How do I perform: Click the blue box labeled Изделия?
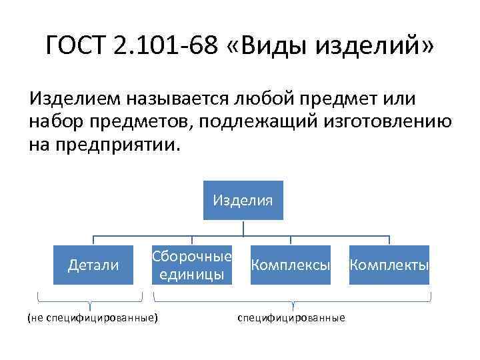click(243, 200)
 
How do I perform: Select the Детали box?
click(93, 265)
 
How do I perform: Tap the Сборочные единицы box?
click(192, 265)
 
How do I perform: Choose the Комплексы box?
click(290, 265)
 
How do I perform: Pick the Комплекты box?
click(389, 265)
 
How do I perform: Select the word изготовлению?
click(389, 122)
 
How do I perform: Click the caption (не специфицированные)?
click(93, 318)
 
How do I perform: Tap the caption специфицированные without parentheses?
click(291, 318)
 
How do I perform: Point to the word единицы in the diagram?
click(192, 275)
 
